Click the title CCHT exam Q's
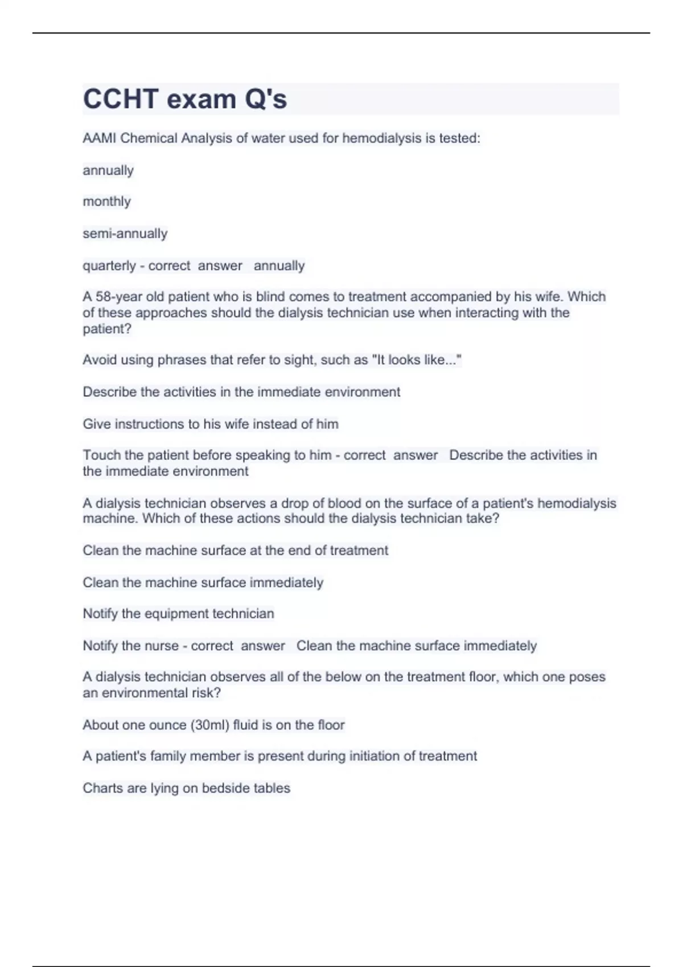[x=185, y=99]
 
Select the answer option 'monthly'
[x=106, y=202]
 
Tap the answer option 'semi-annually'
[x=125, y=234]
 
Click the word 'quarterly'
[x=108, y=266]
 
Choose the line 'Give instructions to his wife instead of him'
[x=210, y=424]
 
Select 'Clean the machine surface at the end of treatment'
[x=235, y=551]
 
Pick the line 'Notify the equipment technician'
[x=178, y=614]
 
